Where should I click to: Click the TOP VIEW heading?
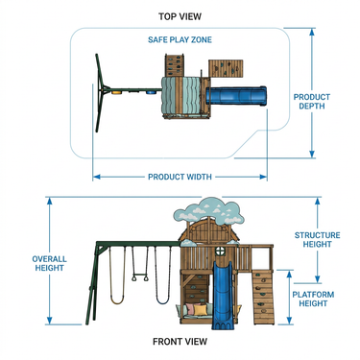(x=180, y=16)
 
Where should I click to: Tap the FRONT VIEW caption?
(x=180, y=342)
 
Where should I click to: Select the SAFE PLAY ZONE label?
(x=180, y=39)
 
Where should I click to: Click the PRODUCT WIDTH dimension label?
(x=180, y=177)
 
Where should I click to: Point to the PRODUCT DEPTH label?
(x=312, y=102)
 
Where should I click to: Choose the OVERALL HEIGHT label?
(x=49, y=263)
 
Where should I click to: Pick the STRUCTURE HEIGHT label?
(x=317, y=240)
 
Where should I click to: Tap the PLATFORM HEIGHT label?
(x=313, y=299)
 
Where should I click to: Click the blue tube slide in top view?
(x=236, y=96)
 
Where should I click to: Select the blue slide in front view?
(x=223, y=295)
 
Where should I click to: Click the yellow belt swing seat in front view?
(x=116, y=300)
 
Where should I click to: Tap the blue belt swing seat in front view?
(x=162, y=300)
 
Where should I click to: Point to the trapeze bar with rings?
(x=140, y=277)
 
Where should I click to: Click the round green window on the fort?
(x=221, y=252)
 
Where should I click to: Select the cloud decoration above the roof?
(x=208, y=210)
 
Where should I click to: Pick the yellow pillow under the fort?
(x=201, y=310)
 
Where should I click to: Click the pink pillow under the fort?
(x=191, y=309)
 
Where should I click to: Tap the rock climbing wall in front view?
(x=263, y=297)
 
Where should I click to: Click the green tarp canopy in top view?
(x=180, y=95)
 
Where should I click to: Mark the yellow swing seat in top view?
(x=117, y=93)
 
